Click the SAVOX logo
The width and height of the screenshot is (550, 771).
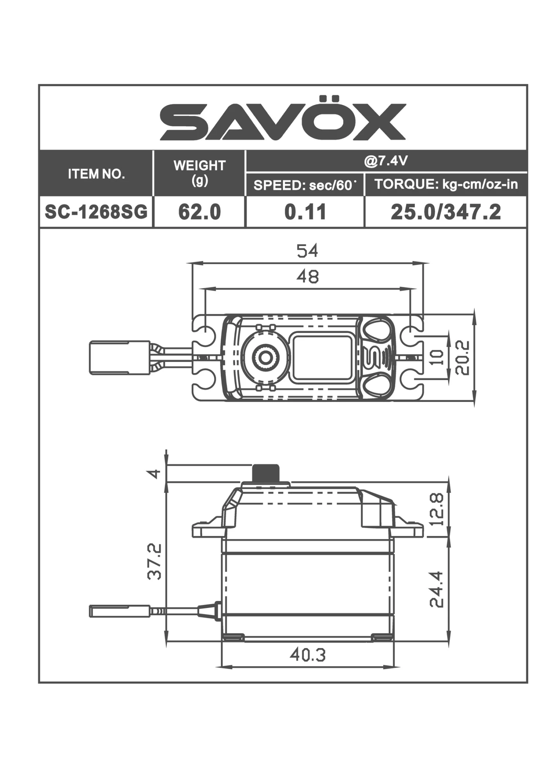click(x=283, y=119)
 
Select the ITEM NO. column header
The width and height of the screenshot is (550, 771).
click(x=96, y=174)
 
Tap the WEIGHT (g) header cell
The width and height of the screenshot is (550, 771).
click(x=199, y=173)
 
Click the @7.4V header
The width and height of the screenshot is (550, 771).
click(x=386, y=161)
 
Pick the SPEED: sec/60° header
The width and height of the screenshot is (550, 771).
click(x=305, y=185)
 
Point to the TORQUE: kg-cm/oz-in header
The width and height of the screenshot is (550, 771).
click(x=446, y=184)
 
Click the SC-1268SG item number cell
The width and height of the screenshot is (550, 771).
click(x=96, y=212)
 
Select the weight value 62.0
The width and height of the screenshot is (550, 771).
click(x=199, y=212)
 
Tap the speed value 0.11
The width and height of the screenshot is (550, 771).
click(x=305, y=212)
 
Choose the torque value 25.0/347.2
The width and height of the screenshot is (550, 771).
click(x=446, y=212)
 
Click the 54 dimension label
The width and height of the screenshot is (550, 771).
click(x=307, y=251)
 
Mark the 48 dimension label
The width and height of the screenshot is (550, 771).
click(x=307, y=276)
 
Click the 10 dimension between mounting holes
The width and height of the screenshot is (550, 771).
click(x=436, y=357)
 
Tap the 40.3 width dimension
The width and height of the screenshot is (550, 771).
click(x=307, y=655)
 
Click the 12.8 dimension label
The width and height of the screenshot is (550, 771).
click(x=436, y=509)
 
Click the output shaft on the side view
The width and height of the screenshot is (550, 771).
click(x=265, y=473)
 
